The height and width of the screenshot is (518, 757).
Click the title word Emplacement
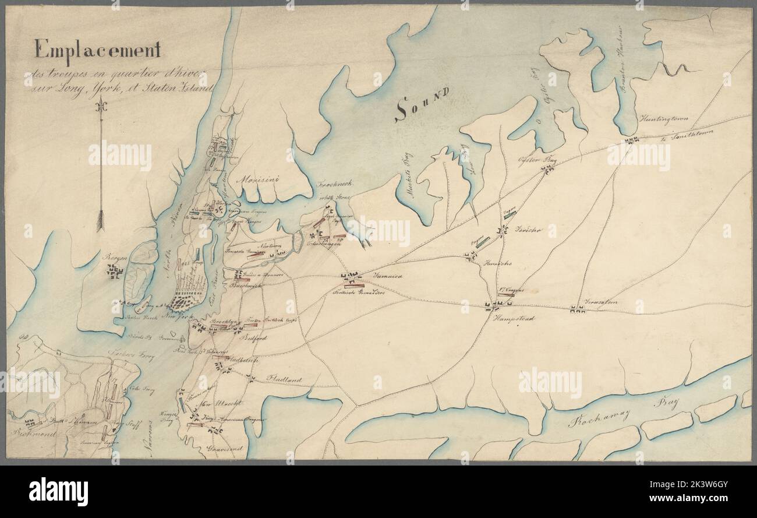pos(98,51)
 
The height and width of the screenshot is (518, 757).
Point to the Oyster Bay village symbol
pos(547,169)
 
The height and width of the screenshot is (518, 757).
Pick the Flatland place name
pos(285,379)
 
